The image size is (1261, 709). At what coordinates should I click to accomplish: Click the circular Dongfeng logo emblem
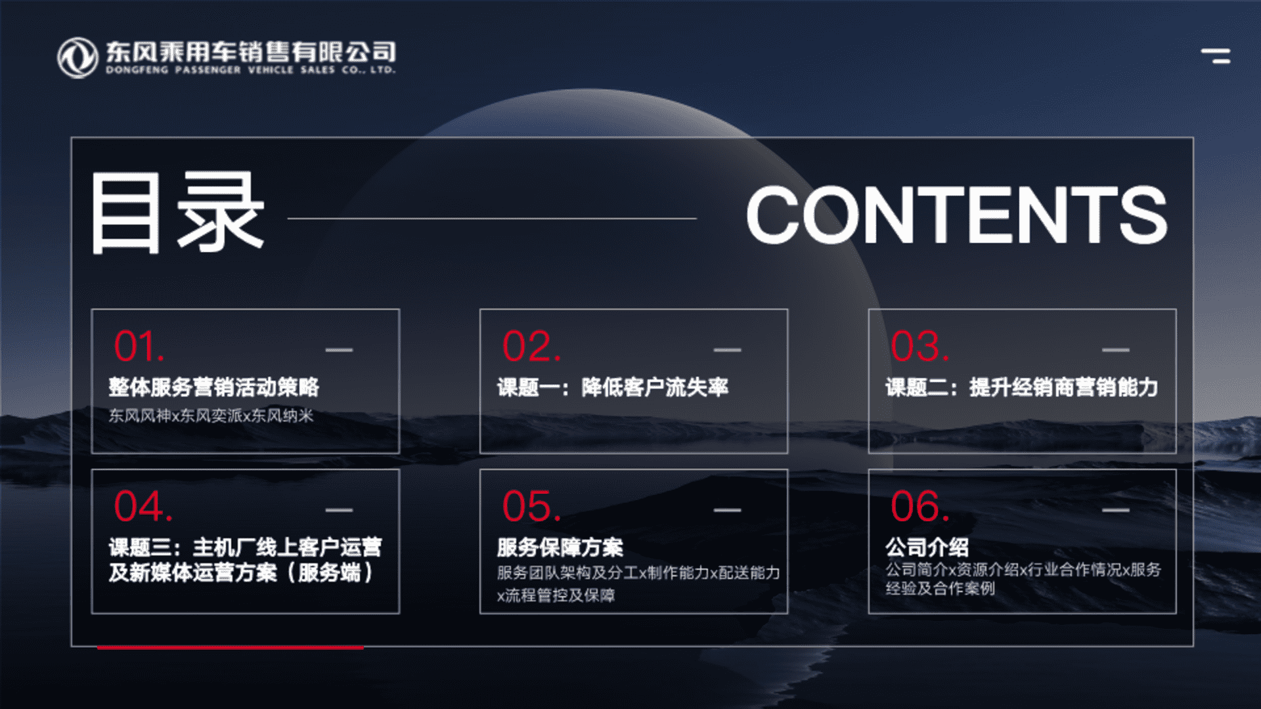(77, 58)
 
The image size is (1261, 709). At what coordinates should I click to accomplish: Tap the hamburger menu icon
(1216, 56)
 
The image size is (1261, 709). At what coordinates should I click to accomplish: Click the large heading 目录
(177, 213)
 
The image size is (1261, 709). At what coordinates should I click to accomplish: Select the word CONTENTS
(956, 215)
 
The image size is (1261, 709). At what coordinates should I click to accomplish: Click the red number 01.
(139, 346)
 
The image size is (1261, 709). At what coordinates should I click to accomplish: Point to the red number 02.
(531, 346)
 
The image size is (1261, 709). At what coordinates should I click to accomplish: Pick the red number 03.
(919, 346)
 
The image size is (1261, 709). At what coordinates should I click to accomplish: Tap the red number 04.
(143, 506)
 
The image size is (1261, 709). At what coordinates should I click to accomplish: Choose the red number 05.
(531, 506)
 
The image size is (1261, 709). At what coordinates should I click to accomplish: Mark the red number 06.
(919, 506)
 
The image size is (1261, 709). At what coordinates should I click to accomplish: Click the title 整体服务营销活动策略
(214, 387)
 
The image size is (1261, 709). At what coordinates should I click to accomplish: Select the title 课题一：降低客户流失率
(613, 387)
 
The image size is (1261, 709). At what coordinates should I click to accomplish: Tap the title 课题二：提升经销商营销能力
(1022, 387)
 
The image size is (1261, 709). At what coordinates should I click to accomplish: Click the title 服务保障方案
(560, 548)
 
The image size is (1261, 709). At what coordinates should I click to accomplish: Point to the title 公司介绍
(927, 547)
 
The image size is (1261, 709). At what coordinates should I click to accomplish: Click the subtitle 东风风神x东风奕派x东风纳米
(211, 416)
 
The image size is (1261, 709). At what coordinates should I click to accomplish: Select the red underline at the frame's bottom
(230, 647)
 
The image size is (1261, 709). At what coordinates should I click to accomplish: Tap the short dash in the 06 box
(1116, 510)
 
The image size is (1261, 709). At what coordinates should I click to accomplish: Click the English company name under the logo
(251, 70)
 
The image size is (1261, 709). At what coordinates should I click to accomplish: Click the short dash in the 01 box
(339, 350)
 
